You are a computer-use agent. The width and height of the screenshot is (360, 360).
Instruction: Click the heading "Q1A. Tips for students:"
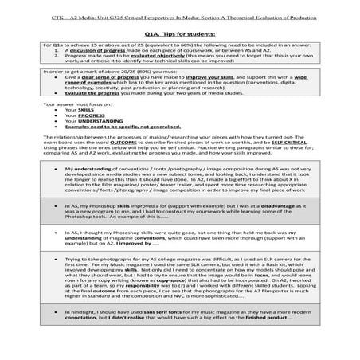(179, 34)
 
